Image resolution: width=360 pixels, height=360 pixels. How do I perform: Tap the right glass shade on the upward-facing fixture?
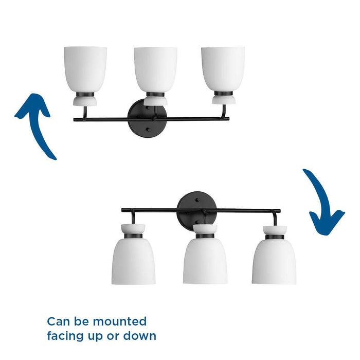pyautogui.click(x=223, y=68)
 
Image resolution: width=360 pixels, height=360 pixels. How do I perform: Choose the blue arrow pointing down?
pyautogui.click(x=323, y=203)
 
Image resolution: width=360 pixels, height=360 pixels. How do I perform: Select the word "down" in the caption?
pyautogui.click(x=139, y=336)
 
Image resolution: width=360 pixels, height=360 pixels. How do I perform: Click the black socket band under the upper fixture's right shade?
pyautogui.click(x=223, y=94)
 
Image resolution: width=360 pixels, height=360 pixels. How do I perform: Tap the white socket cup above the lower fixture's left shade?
pyautogui.click(x=133, y=228)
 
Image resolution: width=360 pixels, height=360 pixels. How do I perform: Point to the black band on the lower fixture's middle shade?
pyautogui.click(x=205, y=236)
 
